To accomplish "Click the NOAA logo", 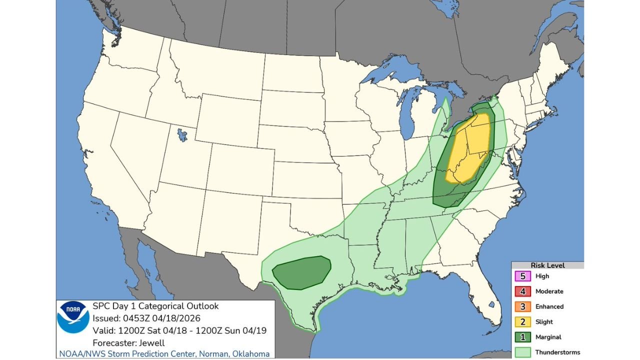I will (73, 317).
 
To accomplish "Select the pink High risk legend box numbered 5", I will (523, 276).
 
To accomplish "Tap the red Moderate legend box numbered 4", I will (523, 291).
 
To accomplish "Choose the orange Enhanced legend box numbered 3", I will (523, 306).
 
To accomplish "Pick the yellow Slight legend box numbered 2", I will (523, 322).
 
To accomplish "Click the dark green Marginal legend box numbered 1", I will (523, 337).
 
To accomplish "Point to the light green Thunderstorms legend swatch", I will (523, 352).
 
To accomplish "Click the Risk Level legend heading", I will (547, 265).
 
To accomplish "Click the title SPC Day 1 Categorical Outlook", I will (155, 306).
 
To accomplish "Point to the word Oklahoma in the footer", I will (251, 354).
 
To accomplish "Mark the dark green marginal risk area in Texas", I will (302, 272).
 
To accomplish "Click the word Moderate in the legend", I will (549, 291).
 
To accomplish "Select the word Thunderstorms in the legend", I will (557, 352).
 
